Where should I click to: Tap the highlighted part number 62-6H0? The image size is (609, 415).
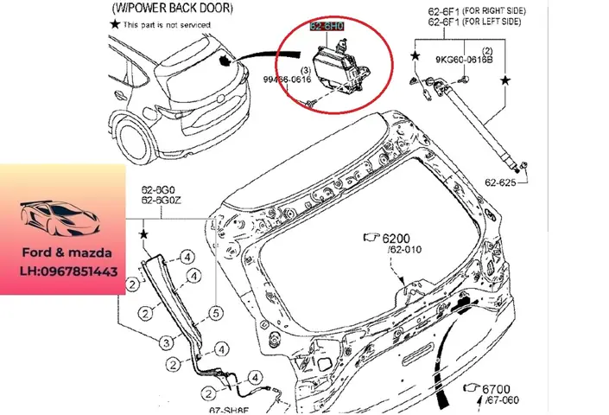pyautogui.click(x=328, y=28)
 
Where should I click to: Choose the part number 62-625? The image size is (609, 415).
pyautogui.click(x=500, y=182)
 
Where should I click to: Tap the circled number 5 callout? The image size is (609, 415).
pyautogui.click(x=216, y=313)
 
